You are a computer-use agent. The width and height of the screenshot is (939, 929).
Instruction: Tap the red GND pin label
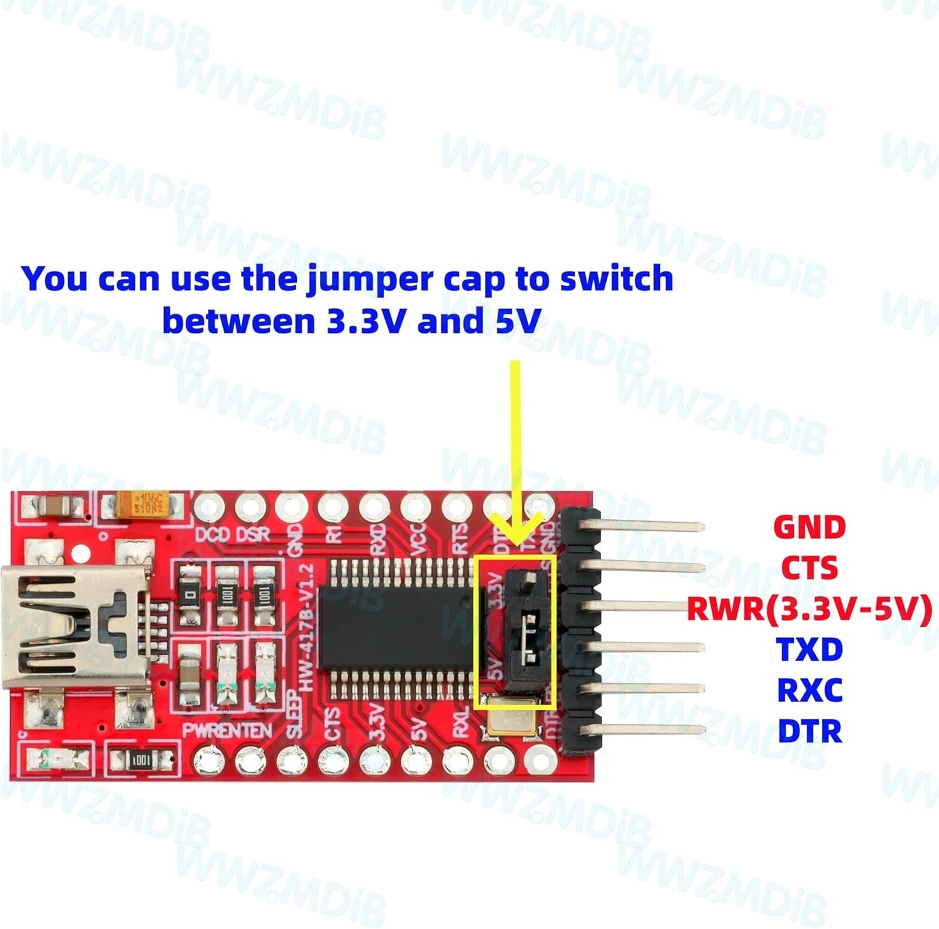point(809,527)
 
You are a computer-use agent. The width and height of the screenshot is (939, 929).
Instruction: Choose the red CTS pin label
point(809,568)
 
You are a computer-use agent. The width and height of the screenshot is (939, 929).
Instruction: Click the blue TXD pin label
point(809,649)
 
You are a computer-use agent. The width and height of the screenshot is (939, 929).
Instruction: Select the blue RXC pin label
point(809,690)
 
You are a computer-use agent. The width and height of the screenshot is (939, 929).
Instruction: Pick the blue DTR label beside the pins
point(809,731)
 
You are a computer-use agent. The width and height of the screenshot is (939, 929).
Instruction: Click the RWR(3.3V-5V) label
point(809,609)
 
